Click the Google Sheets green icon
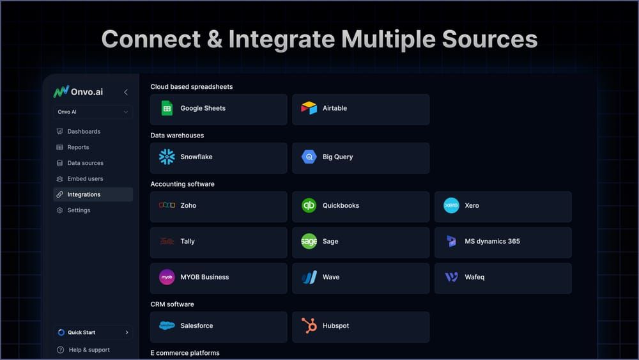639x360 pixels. (x=167, y=109)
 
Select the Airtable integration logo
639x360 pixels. (x=309, y=109)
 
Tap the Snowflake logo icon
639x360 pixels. (x=167, y=157)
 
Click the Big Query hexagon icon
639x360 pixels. (x=309, y=157)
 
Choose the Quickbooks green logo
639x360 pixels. (x=309, y=206)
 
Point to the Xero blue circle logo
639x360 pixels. (x=451, y=206)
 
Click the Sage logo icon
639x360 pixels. (x=309, y=242)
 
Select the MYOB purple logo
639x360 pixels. (x=167, y=278)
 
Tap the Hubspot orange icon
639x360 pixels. (x=309, y=326)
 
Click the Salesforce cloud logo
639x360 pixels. (x=167, y=326)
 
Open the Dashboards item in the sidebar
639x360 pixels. (x=84, y=132)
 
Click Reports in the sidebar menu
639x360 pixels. (x=78, y=147)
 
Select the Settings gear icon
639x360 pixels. (x=60, y=210)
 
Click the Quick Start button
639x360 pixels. (x=93, y=333)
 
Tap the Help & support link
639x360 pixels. (x=89, y=350)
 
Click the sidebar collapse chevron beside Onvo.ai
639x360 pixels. (x=126, y=92)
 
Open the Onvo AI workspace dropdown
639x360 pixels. (x=93, y=112)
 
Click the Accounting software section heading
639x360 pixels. (x=182, y=184)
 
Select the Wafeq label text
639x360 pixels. (x=475, y=278)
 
